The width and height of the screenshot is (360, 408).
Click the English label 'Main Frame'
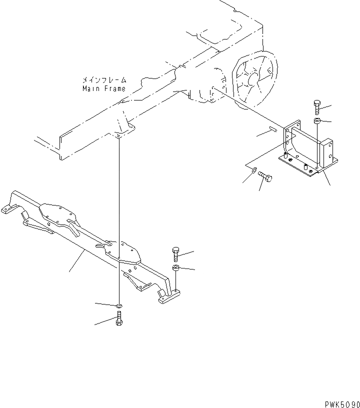(104, 88)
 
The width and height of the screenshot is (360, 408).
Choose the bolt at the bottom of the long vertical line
(118, 318)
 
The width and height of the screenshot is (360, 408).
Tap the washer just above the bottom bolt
(118, 305)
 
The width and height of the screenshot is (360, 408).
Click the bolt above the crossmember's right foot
(175, 253)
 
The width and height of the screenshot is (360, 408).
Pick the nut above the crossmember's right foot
(176, 269)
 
